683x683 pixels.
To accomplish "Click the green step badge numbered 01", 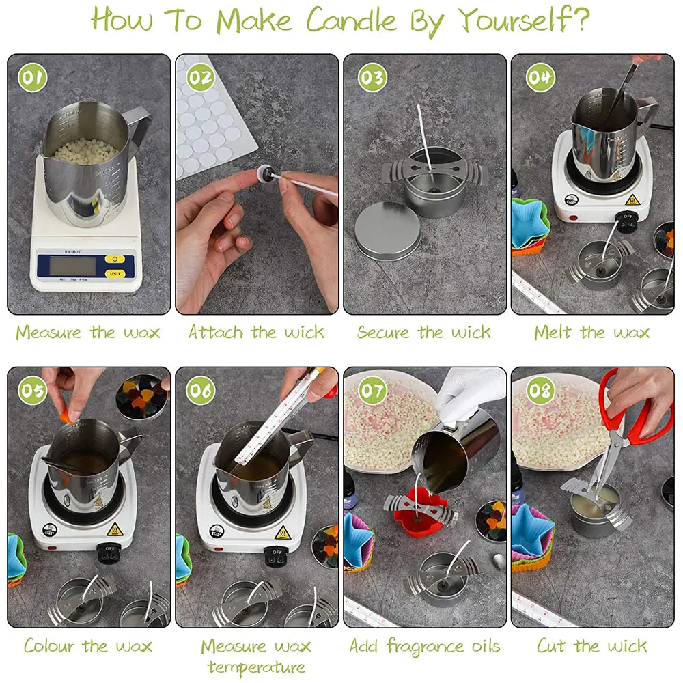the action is tap(33, 78).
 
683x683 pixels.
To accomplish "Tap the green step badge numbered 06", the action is tap(200, 390).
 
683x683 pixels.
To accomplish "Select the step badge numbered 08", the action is tap(540, 390).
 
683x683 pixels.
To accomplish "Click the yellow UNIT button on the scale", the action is tap(115, 274).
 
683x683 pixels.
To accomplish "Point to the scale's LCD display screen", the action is tap(72, 266).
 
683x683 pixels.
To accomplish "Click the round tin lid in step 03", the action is tap(387, 231).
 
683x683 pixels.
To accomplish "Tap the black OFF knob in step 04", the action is tap(626, 221).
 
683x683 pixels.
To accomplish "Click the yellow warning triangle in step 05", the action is tap(115, 529).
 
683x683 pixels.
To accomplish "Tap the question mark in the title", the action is tap(580, 20).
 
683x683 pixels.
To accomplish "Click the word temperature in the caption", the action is tap(256, 667).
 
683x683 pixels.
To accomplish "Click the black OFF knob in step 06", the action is tap(276, 555).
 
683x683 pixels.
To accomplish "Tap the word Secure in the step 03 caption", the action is tap(383, 333).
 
